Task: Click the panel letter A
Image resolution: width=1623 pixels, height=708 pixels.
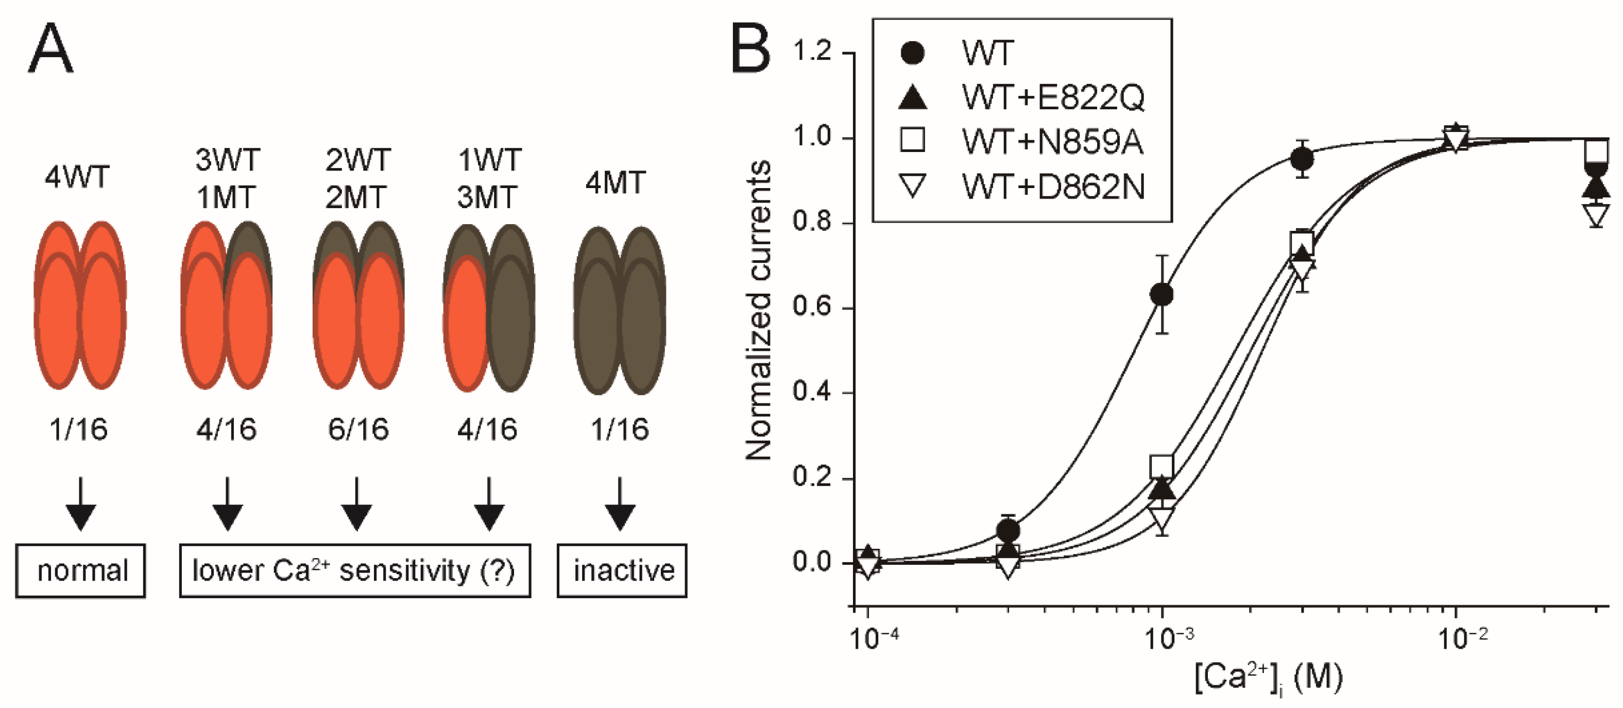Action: coord(50,48)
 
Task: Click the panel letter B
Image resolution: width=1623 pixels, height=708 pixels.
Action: coord(750,48)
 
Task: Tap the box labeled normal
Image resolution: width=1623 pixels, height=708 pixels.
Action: coord(81,570)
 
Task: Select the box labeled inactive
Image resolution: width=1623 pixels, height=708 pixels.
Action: coord(622,570)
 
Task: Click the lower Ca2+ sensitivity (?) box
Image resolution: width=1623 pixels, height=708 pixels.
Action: coord(355,570)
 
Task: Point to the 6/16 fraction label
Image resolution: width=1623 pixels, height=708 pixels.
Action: coord(358,430)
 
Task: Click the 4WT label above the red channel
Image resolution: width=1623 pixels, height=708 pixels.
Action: coord(77,177)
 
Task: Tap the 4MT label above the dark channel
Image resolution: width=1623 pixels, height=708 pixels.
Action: coord(616,183)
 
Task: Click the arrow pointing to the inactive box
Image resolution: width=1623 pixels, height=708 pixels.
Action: coord(620,504)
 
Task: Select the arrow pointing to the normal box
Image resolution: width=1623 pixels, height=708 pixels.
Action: coord(81,504)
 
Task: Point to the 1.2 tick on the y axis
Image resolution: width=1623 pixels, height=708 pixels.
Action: coord(813,52)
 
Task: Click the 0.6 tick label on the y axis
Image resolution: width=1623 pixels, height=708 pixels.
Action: coord(813,307)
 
